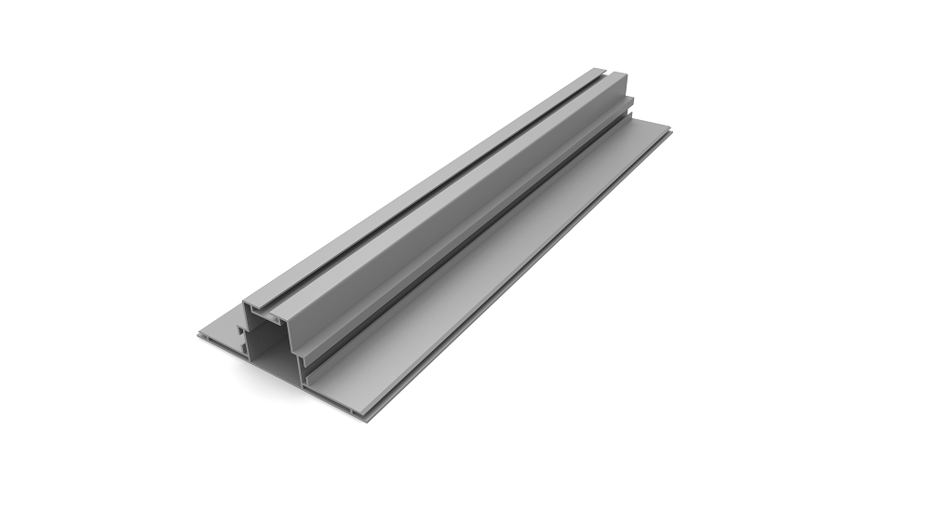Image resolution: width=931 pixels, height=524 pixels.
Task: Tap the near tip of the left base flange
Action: pos(199,337)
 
